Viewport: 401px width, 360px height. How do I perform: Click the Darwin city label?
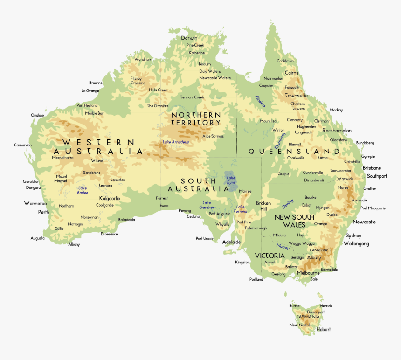[189, 38]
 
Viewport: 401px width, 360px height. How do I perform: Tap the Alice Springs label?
[213, 136]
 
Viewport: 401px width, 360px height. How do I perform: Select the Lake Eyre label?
[231, 180]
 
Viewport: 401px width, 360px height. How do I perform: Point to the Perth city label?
[43, 212]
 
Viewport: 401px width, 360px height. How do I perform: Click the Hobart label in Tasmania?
[323, 329]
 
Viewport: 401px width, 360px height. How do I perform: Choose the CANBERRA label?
[319, 250]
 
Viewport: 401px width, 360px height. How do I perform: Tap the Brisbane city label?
[372, 168]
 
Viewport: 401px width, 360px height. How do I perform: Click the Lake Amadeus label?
[176, 142]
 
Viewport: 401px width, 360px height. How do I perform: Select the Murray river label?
[283, 247]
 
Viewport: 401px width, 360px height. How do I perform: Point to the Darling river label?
[288, 204]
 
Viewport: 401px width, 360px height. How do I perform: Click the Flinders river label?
[260, 101]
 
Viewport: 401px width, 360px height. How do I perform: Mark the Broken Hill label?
[263, 206]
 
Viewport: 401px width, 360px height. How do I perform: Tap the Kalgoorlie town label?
[110, 198]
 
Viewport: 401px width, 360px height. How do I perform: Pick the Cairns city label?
[291, 73]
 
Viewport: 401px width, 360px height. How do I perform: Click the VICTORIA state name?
[270, 256]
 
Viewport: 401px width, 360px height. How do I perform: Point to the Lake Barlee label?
[83, 190]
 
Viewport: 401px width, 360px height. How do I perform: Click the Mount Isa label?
[268, 121]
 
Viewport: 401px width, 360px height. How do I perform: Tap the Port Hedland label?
[87, 105]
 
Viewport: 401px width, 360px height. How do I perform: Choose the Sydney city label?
[353, 235]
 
